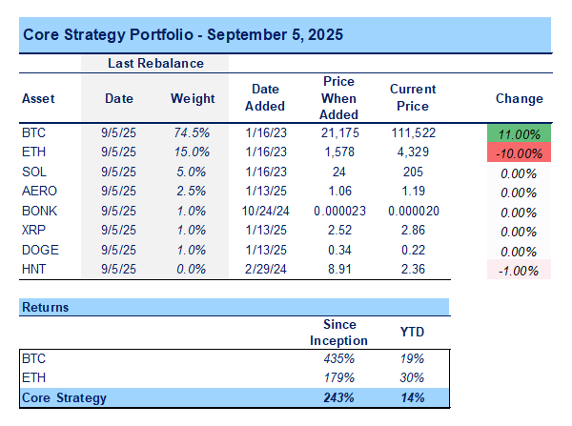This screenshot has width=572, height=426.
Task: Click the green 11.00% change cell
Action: click(x=520, y=133)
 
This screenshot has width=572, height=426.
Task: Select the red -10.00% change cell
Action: click(x=520, y=152)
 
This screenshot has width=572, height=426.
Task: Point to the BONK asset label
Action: click(x=38, y=212)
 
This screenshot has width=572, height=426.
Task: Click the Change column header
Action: click(x=520, y=98)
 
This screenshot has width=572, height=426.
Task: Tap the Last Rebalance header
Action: click(x=155, y=63)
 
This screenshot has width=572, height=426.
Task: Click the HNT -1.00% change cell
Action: click(x=520, y=270)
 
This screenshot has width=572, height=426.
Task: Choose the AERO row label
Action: click(x=38, y=192)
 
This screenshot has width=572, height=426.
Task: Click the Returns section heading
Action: click(x=46, y=308)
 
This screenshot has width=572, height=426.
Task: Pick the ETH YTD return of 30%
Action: click(x=412, y=378)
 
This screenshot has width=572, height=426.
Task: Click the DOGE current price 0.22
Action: click(x=413, y=251)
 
